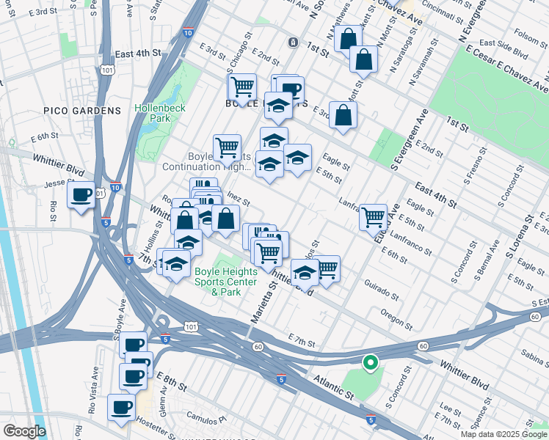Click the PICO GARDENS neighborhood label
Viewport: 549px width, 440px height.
click(x=92, y=111)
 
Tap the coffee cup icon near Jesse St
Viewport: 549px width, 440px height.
click(x=81, y=195)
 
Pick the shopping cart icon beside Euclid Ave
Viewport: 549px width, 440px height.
click(x=374, y=216)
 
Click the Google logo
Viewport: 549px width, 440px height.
click(x=24, y=431)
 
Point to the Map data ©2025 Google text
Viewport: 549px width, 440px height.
click(x=503, y=434)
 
